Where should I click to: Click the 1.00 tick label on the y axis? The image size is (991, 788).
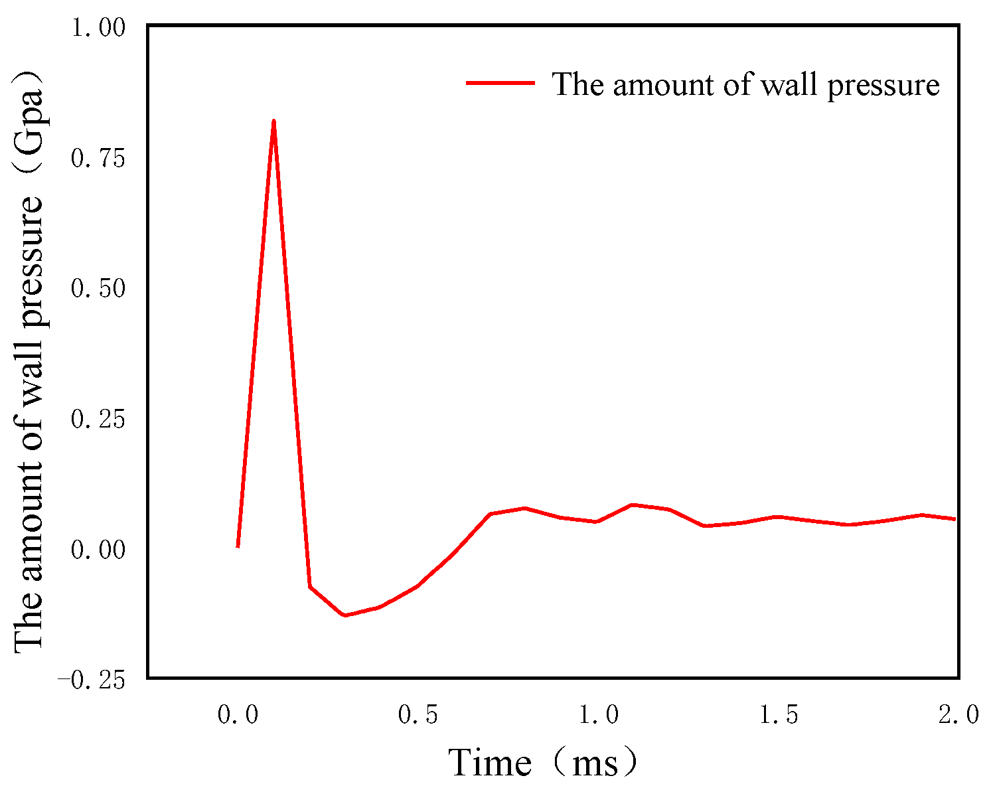coord(98,29)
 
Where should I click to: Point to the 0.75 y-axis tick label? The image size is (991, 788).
coord(98,159)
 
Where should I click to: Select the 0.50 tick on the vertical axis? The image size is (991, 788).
coord(98,289)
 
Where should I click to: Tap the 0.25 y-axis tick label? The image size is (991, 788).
coord(98,420)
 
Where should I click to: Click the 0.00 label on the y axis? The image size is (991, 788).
coord(98,550)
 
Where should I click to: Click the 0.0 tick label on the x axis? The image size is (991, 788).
coord(238,716)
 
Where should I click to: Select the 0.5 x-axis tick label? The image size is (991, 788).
coord(418,716)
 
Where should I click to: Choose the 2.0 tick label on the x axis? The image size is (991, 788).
coord(958,716)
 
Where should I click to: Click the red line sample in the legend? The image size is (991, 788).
coord(500,83)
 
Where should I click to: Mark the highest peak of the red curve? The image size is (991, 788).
coord(273,121)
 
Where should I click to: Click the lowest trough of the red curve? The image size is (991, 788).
coord(345,615)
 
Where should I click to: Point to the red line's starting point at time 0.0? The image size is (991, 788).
coord(238,546)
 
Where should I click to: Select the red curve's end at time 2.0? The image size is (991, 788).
coord(954,519)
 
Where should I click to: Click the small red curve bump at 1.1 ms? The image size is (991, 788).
coord(633,505)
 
